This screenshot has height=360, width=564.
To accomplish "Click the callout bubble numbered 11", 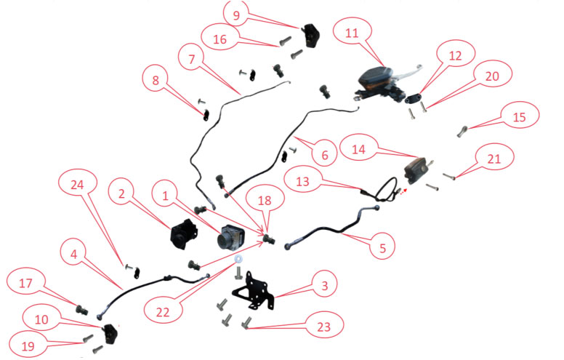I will coord(352,33).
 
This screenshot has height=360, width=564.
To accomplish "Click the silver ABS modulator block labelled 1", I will coord(234,236).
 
